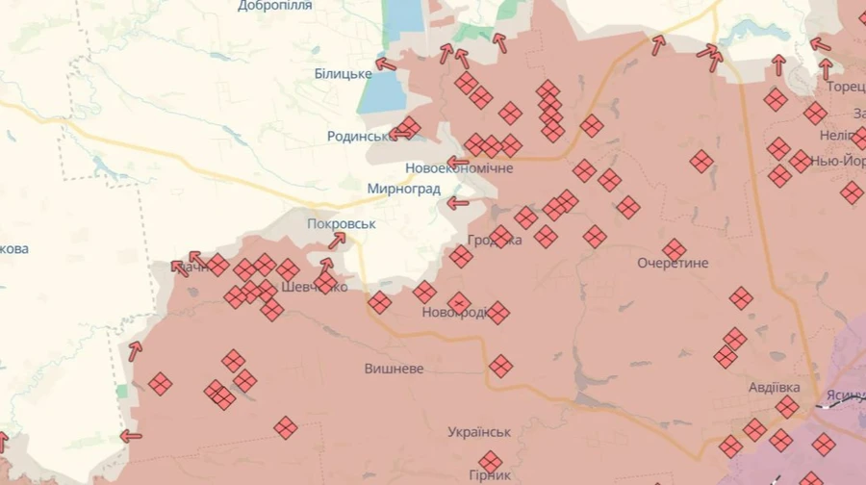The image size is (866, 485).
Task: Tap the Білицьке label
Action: click(343, 74)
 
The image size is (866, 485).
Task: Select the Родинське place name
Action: click(358, 137)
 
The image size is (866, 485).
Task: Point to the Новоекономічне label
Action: click(459, 167)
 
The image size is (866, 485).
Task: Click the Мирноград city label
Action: click(403, 189)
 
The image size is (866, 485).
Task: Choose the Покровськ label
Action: click(341, 224)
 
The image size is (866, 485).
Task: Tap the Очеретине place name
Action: click(673, 263)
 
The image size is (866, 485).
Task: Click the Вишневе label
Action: click(394, 369)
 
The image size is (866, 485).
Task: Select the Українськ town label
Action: click(479, 432)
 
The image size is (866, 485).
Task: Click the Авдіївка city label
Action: click(774, 388)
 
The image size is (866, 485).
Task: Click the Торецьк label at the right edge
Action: click(846, 87)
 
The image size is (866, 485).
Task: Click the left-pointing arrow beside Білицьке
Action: click(385, 64)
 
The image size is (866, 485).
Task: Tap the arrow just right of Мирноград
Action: click(458, 203)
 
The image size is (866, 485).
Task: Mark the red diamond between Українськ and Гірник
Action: click(491, 462)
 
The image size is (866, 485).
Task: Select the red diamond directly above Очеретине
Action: click(675, 249)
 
